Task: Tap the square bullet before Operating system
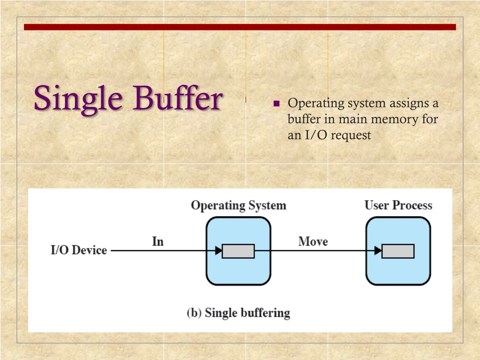click(x=276, y=104)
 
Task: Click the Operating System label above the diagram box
click(x=238, y=205)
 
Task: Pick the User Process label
click(x=398, y=205)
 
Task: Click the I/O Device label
click(x=79, y=250)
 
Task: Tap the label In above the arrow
click(x=158, y=241)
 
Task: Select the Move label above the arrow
click(x=313, y=241)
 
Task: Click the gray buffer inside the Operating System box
click(x=238, y=251)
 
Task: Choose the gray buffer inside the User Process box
click(x=398, y=251)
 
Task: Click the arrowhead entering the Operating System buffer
click(x=218, y=251)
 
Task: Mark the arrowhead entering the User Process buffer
click(x=378, y=251)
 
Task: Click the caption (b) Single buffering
click(x=238, y=313)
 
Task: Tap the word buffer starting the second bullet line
click(x=304, y=119)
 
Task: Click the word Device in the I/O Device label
click(x=90, y=250)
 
